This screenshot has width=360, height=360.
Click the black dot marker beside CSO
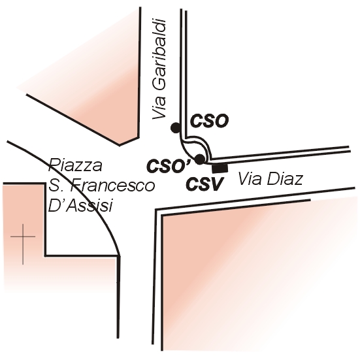click(x=176, y=127)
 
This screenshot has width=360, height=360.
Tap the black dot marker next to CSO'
click(x=199, y=159)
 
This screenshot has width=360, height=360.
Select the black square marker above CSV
click(x=220, y=169)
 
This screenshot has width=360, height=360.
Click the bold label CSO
click(x=209, y=121)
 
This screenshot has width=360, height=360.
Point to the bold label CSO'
click(x=169, y=166)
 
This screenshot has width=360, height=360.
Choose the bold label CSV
click(x=205, y=184)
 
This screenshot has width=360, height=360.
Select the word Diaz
click(x=284, y=179)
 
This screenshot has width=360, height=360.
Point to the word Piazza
click(x=75, y=165)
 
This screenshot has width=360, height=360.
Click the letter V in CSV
click(x=217, y=184)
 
